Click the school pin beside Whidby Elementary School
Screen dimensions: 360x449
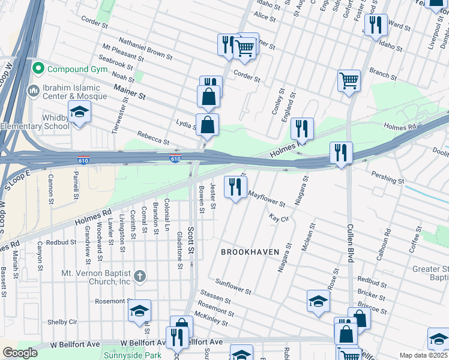click(79, 113)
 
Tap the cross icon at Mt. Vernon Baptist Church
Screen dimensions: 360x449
click(139, 276)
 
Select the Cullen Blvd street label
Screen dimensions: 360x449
click(349, 242)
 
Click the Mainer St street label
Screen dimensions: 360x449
click(130, 92)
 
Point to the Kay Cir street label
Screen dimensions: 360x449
click(279, 218)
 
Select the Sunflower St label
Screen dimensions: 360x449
click(234, 287)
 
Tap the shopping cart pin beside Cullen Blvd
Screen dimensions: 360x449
click(349, 80)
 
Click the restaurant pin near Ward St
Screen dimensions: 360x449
click(376, 25)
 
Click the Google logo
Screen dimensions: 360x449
click(20, 353)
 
